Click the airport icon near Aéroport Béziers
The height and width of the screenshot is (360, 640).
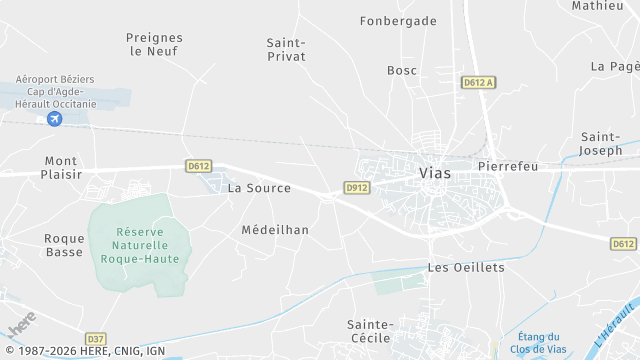tap(54, 119)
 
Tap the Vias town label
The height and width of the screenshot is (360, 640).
tap(434, 173)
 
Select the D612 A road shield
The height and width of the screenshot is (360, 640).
tap(479, 83)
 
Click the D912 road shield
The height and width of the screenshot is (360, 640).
tap(357, 187)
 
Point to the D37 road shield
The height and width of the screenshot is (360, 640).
tap(95, 338)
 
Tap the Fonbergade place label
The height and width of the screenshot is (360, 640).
tap(398, 20)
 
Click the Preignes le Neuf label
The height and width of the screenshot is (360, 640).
tap(155, 44)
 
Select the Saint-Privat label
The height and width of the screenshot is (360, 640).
tap(286, 49)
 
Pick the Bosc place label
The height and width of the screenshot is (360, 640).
tap(402, 70)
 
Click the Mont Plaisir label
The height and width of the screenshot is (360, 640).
tap(61, 167)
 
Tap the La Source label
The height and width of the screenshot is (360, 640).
tap(259, 188)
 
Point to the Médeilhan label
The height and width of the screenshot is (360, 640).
tap(275, 229)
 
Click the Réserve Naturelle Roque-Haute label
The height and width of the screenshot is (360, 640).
tap(133, 245)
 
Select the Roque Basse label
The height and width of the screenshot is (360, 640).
tap(64, 245)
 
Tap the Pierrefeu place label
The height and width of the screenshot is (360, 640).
tap(508, 166)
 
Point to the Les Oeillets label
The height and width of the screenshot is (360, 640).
tap(466, 267)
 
